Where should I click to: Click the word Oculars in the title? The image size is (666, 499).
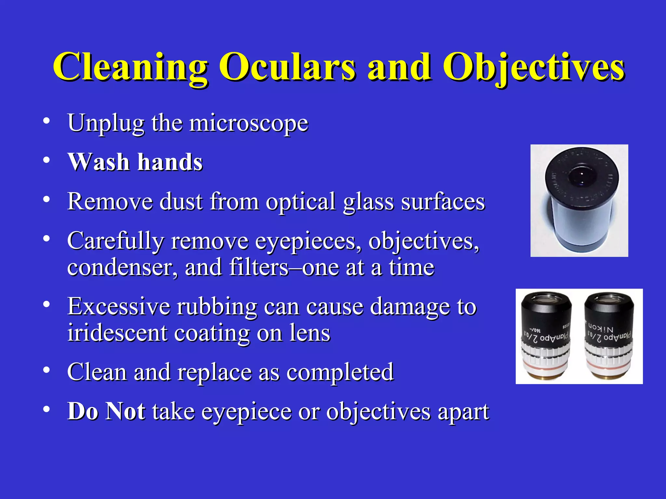point(287,67)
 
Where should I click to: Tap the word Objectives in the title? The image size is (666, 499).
point(533,67)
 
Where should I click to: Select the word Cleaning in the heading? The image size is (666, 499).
point(130,67)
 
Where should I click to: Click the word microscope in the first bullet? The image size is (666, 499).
point(249,123)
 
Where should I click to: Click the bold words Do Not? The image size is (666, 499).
point(106,411)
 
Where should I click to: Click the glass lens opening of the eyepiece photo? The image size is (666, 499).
point(582,177)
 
